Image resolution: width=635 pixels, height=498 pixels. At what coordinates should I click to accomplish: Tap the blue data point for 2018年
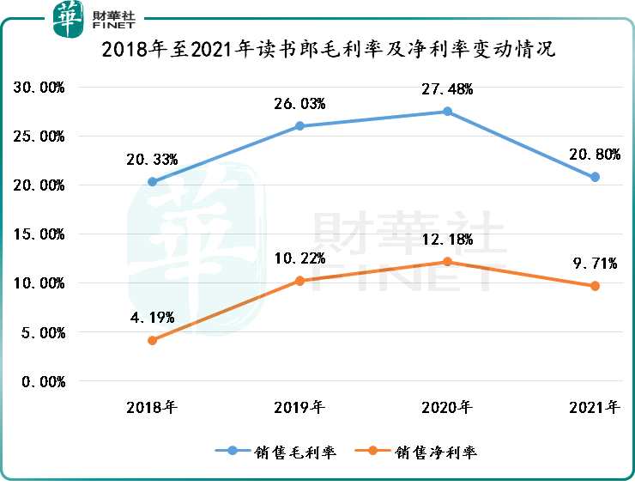[x=152, y=182]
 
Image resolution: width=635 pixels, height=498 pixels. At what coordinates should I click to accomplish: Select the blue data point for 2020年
[x=447, y=112]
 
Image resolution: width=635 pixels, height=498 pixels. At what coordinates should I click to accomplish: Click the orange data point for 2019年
[x=299, y=281]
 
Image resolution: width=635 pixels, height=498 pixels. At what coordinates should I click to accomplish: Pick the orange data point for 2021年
[x=595, y=286]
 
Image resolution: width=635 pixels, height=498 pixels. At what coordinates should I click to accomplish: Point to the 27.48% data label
[x=447, y=89]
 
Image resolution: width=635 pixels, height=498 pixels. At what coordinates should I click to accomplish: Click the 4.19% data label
[x=152, y=317]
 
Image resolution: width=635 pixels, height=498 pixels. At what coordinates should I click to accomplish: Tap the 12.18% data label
[x=447, y=240]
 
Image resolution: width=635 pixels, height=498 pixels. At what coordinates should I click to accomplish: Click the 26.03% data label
[x=299, y=104]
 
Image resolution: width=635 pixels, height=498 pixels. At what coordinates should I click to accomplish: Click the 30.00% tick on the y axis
[x=39, y=88]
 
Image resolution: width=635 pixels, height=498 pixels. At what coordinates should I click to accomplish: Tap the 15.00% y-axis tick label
[x=39, y=234]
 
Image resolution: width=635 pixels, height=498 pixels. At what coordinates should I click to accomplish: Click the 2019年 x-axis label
[x=299, y=407]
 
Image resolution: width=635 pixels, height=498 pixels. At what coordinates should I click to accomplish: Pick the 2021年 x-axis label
[x=595, y=407]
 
